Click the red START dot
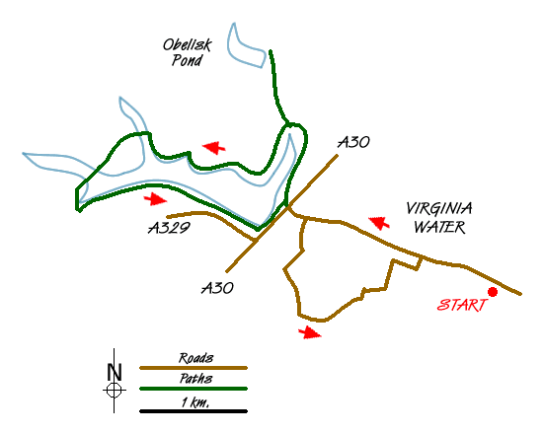(493, 292)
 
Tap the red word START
(462, 305)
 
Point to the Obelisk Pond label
(188, 52)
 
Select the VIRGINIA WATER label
(439, 217)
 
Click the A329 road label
(170, 228)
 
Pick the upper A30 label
(353, 142)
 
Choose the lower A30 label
(217, 288)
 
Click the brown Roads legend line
(194, 368)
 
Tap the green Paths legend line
(194, 389)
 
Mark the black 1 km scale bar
(194, 411)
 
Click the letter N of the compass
(115, 372)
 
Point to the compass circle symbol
(114, 391)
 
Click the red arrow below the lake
(155, 199)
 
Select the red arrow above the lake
(214, 147)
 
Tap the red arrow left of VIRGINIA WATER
(379, 223)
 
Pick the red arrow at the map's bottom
(310, 333)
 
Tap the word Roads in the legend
(195, 358)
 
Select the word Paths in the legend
(195, 379)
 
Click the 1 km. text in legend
(195, 402)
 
